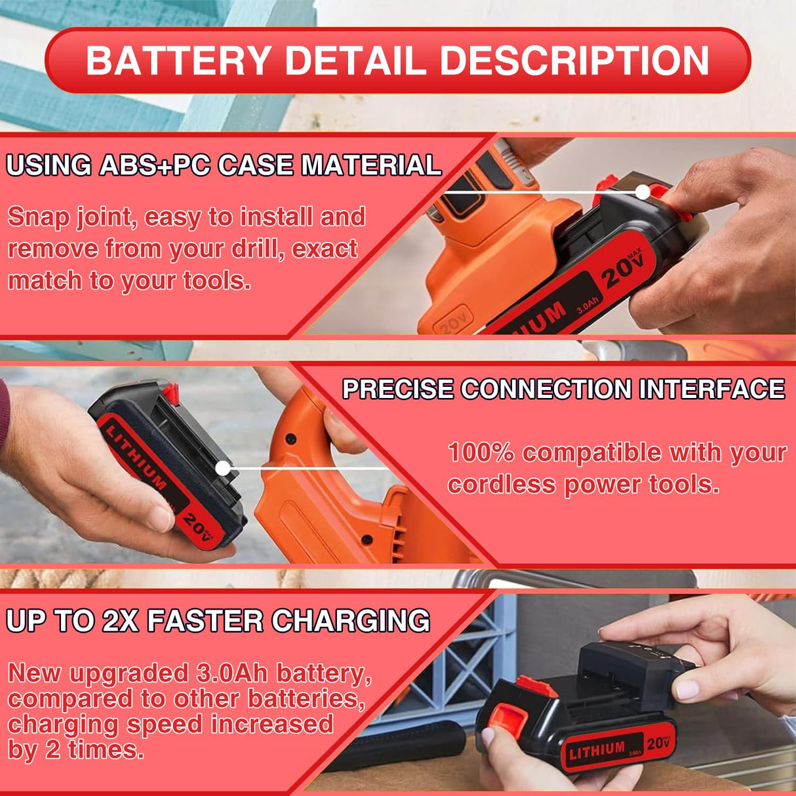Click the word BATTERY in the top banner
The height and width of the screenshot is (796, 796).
(x=178, y=60)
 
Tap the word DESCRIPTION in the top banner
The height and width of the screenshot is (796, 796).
(x=574, y=60)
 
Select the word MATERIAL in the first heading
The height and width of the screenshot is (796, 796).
(x=371, y=165)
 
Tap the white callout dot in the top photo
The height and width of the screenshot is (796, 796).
(x=643, y=192)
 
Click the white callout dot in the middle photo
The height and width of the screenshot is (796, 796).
(x=224, y=468)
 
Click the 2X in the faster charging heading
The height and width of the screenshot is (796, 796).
(x=121, y=621)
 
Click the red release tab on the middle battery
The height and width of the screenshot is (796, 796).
(x=171, y=393)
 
